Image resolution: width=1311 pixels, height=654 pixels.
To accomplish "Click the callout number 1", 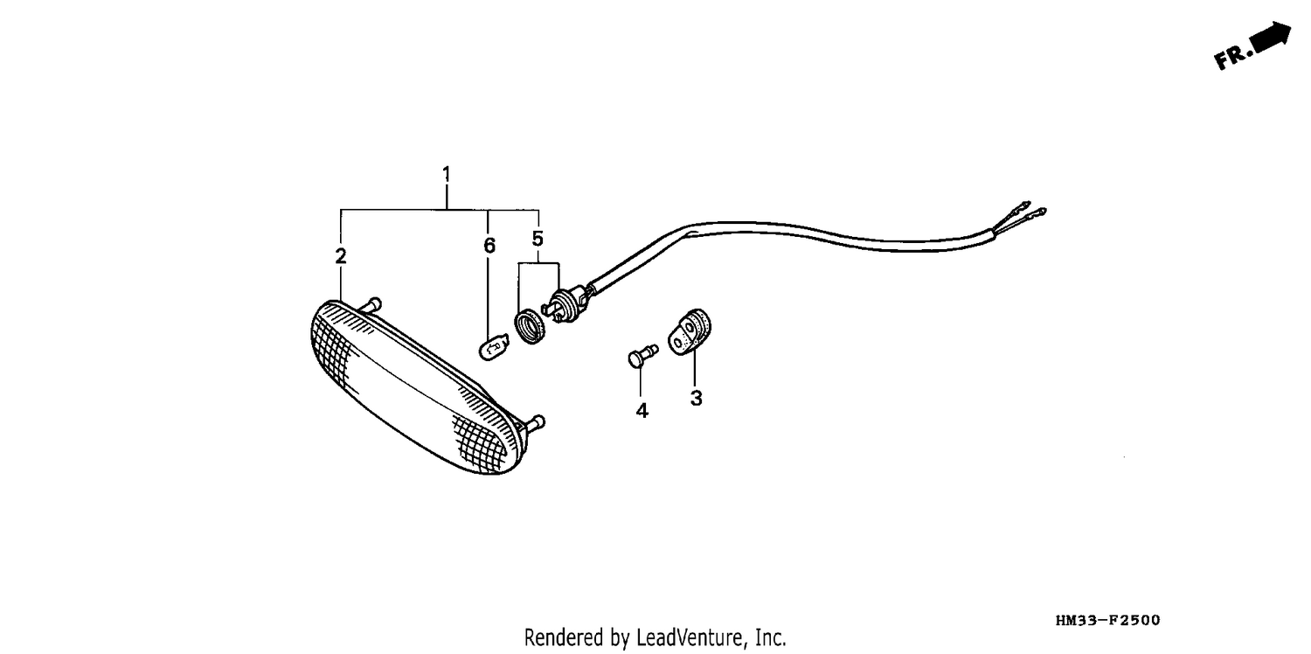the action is [447, 174].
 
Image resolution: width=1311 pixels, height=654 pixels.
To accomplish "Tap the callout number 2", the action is [341, 256].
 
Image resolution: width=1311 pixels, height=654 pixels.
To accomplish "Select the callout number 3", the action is [696, 398].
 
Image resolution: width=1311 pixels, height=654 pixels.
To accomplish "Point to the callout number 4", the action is [642, 411].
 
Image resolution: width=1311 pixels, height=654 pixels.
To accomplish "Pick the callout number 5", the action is [538, 239].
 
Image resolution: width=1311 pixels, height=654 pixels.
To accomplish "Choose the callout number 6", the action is [489, 246].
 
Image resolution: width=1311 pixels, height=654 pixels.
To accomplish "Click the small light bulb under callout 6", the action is [494, 347].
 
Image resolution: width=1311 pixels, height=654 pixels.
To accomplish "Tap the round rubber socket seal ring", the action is [530, 328].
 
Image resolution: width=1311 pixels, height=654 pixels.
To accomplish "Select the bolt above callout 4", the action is [642, 356].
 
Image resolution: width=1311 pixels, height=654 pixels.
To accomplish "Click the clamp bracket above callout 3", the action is [690, 332].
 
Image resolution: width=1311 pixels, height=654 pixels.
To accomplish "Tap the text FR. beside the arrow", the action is [1232, 59].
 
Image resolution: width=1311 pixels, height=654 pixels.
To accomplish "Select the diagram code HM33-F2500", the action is [1108, 621].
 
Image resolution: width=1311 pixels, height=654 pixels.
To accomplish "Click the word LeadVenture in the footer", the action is [690, 637].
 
